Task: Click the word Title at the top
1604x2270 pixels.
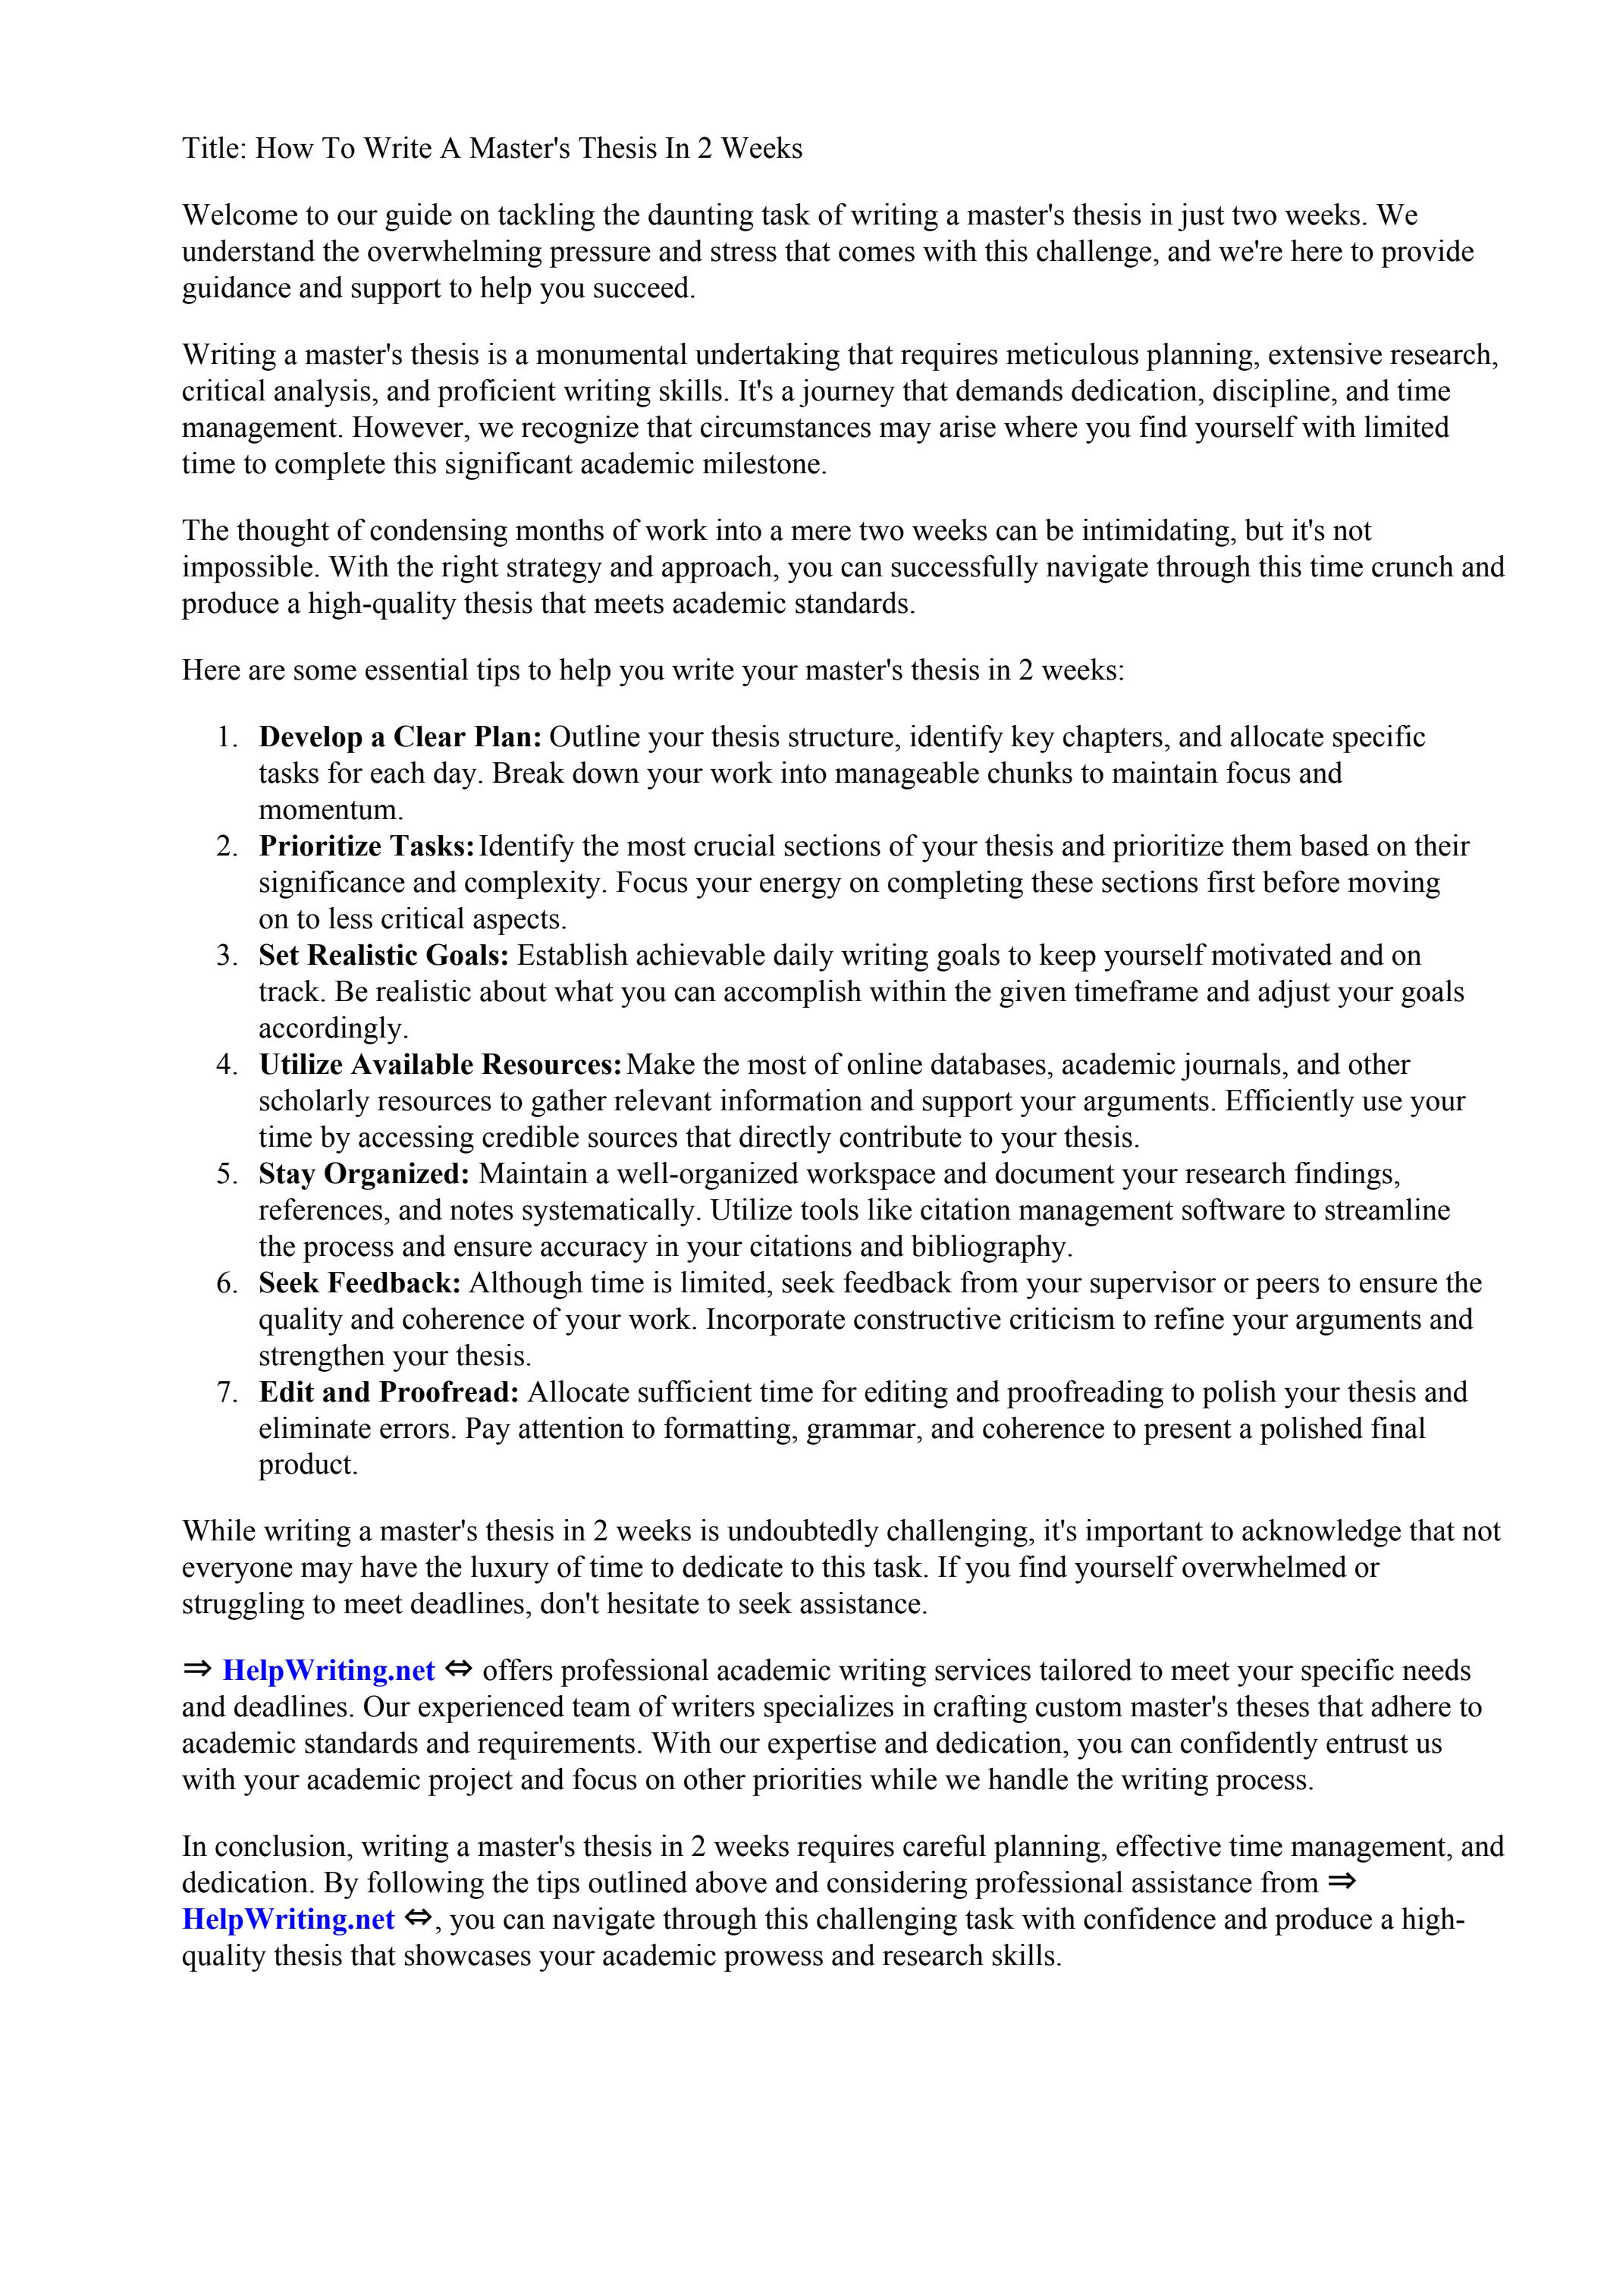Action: (x=211, y=149)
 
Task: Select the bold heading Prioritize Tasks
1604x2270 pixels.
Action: (x=366, y=846)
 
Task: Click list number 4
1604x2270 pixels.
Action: (x=227, y=1065)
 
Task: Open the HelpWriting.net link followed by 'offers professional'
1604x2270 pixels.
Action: (x=328, y=1671)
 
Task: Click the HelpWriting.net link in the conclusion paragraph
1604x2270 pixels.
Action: (x=287, y=1920)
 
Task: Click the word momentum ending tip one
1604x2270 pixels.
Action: (x=331, y=810)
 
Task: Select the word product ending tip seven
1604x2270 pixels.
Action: (x=308, y=1465)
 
